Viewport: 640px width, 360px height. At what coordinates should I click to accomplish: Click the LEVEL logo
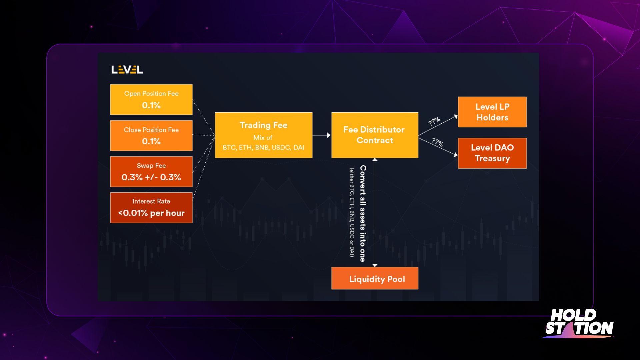coord(127,70)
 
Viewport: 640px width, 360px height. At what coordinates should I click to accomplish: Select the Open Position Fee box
coord(151,99)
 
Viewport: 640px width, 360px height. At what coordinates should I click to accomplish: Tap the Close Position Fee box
coord(151,136)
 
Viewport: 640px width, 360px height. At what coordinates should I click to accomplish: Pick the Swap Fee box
coord(151,172)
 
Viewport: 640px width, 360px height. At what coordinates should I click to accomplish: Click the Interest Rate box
coord(151,208)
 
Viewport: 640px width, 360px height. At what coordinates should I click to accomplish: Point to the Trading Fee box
coord(264,135)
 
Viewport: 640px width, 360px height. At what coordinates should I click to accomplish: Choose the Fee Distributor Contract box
coord(375,135)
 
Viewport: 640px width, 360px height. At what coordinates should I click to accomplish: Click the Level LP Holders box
coord(492,112)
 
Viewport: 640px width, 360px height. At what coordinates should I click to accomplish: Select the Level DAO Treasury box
coord(492,153)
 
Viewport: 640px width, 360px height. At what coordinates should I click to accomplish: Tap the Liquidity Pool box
coord(375,278)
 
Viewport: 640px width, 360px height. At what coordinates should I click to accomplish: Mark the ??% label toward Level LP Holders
coord(434,121)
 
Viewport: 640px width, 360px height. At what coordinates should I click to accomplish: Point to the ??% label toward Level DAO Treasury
coord(437,142)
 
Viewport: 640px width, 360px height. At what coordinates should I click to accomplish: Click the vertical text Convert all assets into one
coord(363,213)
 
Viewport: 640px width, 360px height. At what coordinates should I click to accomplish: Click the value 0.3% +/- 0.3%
coord(151,177)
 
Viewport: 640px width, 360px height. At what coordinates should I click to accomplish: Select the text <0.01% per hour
coord(151,213)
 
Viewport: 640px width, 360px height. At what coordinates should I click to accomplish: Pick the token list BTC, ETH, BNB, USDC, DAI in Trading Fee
coord(264,148)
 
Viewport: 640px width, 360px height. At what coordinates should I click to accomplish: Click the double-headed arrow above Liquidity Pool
coord(375,212)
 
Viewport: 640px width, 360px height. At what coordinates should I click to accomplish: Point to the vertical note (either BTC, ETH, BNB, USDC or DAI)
coord(352,212)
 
